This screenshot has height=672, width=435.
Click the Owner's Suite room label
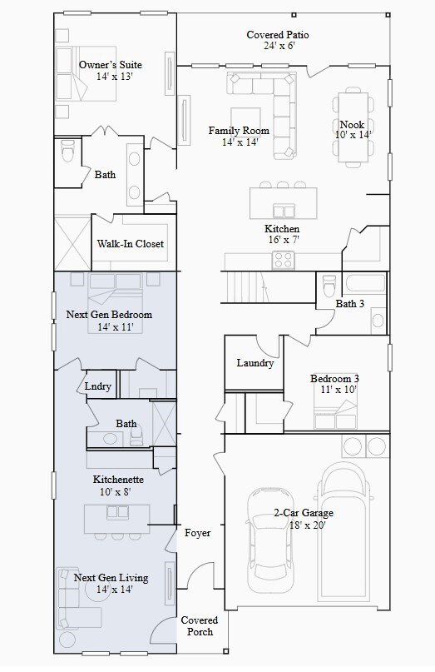pos(111,65)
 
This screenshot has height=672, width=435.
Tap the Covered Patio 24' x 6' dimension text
pos(280,46)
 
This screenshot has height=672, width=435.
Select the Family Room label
pos(239,130)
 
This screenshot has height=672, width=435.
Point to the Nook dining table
pos(353,127)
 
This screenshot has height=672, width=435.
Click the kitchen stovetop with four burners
pos(283,260)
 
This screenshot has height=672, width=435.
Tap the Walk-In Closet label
pos(130,244)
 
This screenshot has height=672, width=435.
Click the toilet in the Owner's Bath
pos(67,151)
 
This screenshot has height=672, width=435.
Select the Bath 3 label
pos(350,304)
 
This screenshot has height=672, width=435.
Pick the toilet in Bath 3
pos(329,285)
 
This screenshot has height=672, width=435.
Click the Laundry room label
pos(255,363)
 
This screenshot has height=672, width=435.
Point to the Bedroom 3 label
pos(335,379)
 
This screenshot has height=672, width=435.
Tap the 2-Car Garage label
pos(304,513)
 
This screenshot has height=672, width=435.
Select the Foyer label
pos(197,533)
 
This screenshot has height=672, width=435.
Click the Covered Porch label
pos(200,625)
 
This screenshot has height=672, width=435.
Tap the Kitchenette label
pos(118,479)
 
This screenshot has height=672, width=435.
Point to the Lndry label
pos(97,386)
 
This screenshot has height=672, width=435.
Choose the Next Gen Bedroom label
pos(109,315)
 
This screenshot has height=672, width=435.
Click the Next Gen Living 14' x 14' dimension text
pos(114,590)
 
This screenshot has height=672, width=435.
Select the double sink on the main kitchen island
pos(284,212)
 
